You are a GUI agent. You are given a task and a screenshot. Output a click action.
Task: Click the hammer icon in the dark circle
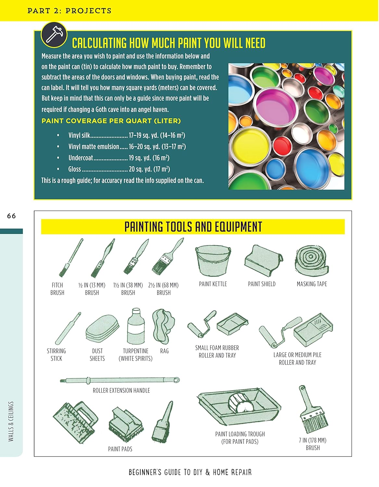[x=54, y=35]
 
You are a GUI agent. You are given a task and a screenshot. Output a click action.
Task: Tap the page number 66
[x=11, y=216]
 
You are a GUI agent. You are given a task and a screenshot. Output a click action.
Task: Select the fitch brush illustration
[x=71, y=258]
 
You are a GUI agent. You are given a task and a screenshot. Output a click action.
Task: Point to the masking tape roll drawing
[x=311, y=260]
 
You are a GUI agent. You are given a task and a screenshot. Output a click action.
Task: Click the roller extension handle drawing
[x=120, y=380]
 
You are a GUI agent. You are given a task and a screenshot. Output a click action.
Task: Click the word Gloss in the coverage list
[x=74, y=169]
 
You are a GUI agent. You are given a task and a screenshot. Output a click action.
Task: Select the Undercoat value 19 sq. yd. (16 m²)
[x=149, y=158]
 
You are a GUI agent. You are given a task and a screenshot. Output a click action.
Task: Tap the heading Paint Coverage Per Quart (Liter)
[x=111, y=121]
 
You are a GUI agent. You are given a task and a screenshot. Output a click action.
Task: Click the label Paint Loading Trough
[x=240, y=434]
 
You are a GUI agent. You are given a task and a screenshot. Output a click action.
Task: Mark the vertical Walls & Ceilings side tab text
[x=11, y=421]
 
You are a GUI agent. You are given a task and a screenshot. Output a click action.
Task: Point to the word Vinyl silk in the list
[x=79, y=135]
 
